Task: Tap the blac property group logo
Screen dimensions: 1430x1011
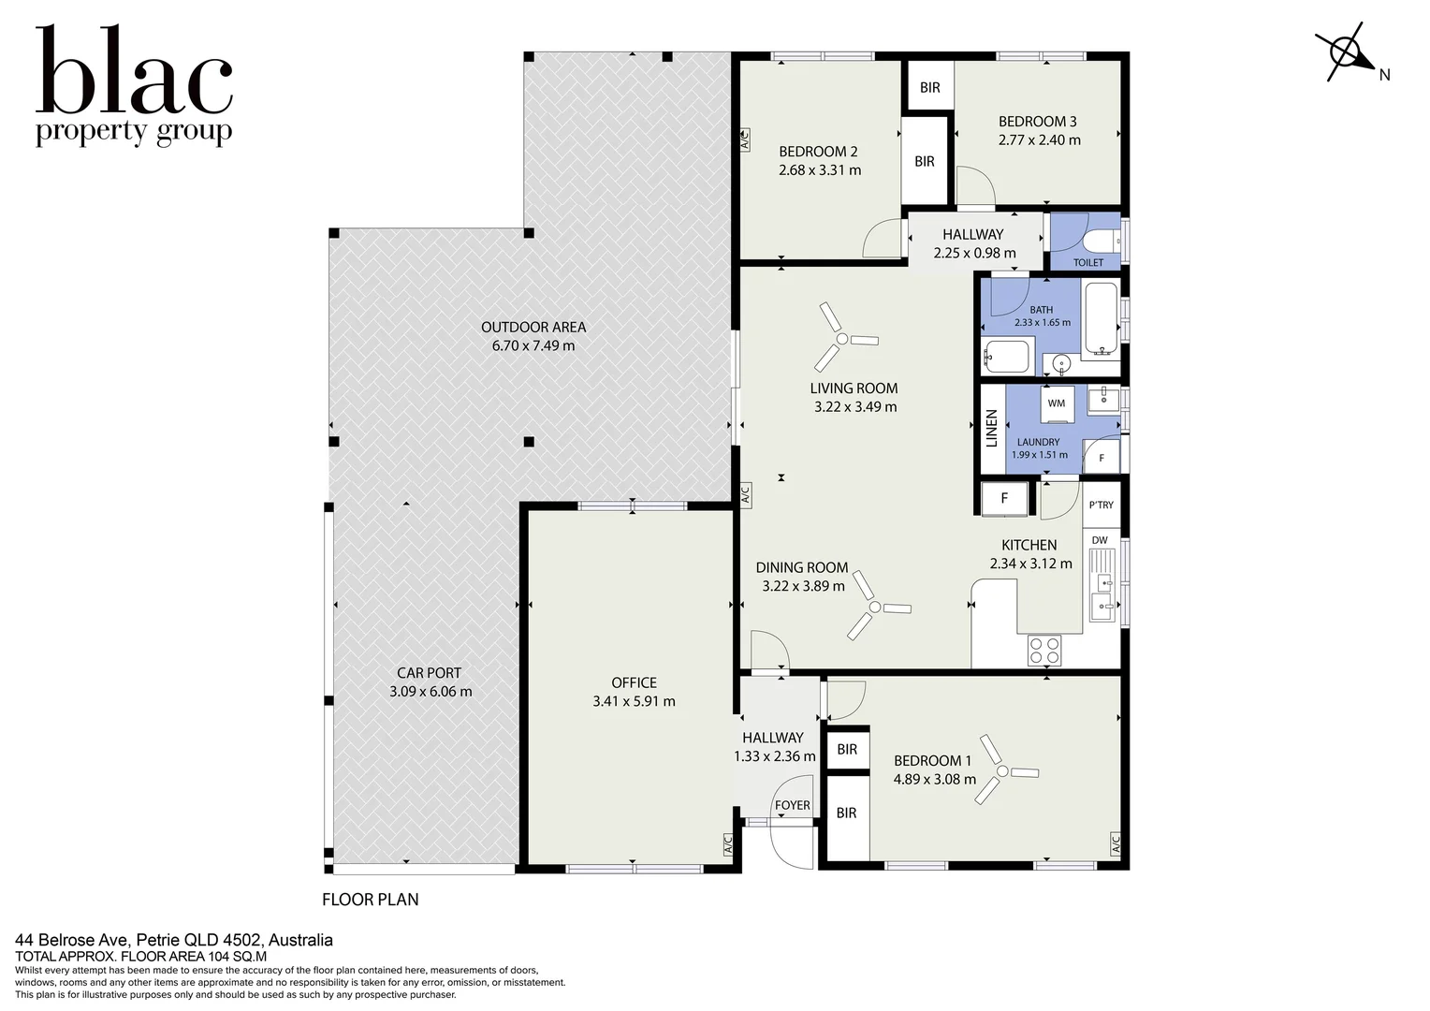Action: point(134,85)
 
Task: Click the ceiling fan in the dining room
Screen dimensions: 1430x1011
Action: point(877,606)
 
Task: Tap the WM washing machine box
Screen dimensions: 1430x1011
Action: point(1057,403)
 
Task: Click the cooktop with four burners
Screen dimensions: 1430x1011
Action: point(1044,651)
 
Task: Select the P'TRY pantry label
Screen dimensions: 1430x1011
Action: point(1102,505)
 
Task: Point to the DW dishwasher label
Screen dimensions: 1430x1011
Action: point(1100,540)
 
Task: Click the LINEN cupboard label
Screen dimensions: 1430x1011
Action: point(991,429)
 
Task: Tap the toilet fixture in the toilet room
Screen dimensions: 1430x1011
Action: point(1102,242)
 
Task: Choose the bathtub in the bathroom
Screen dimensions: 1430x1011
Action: point(1100,318)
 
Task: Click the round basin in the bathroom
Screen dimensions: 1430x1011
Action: point(1061,364)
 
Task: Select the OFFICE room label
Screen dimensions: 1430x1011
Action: point(634,682)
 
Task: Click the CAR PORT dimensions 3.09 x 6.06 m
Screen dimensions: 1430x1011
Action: point(430,691)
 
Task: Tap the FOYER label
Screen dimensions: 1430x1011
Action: point(793,805)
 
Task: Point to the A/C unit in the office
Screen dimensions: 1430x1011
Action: point(727,843)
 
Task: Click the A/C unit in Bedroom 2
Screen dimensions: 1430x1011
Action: point(744,139)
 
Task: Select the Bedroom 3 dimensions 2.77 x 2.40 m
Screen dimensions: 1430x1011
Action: point(1040,139)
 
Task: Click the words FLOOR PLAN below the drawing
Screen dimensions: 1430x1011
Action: point(371,900)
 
